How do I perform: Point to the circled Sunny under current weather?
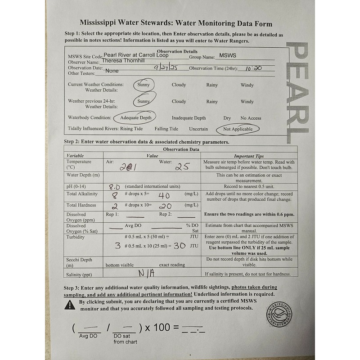tap(144, 85)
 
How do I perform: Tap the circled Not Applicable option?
tap(238, 129)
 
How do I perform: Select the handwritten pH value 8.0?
tap(114, 186)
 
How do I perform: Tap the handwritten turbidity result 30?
tap(180, 246)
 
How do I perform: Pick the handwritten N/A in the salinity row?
tap(146, 273)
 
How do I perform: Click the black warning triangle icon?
tap(70, 305)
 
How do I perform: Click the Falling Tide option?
tap(166, 129)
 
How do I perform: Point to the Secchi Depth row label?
tap(79, 262)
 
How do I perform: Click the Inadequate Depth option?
tap(189, 118)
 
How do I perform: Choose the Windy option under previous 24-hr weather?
tap(247, 102)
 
